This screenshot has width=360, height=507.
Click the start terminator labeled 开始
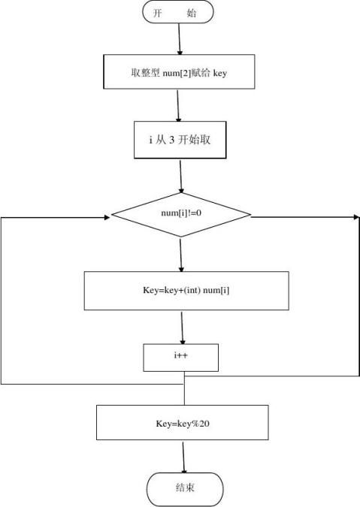tap(177, 12)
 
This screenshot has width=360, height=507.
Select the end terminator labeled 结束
tap(184, 488)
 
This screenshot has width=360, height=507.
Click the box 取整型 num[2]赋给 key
tap(178, 73)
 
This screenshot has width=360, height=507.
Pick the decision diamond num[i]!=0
tap(181, 213)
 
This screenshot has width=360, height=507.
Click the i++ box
tap(181, 358)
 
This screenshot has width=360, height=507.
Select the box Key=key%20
tap(183, 423)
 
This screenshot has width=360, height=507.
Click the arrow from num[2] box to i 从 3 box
tap(179, 105)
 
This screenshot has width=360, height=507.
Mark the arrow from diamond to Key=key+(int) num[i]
tap(181, 255)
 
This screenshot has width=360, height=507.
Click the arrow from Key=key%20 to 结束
tap(184, 456)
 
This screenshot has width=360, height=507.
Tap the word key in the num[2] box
tap(219, 74)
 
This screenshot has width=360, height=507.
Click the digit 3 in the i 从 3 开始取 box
tap(171, 140)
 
